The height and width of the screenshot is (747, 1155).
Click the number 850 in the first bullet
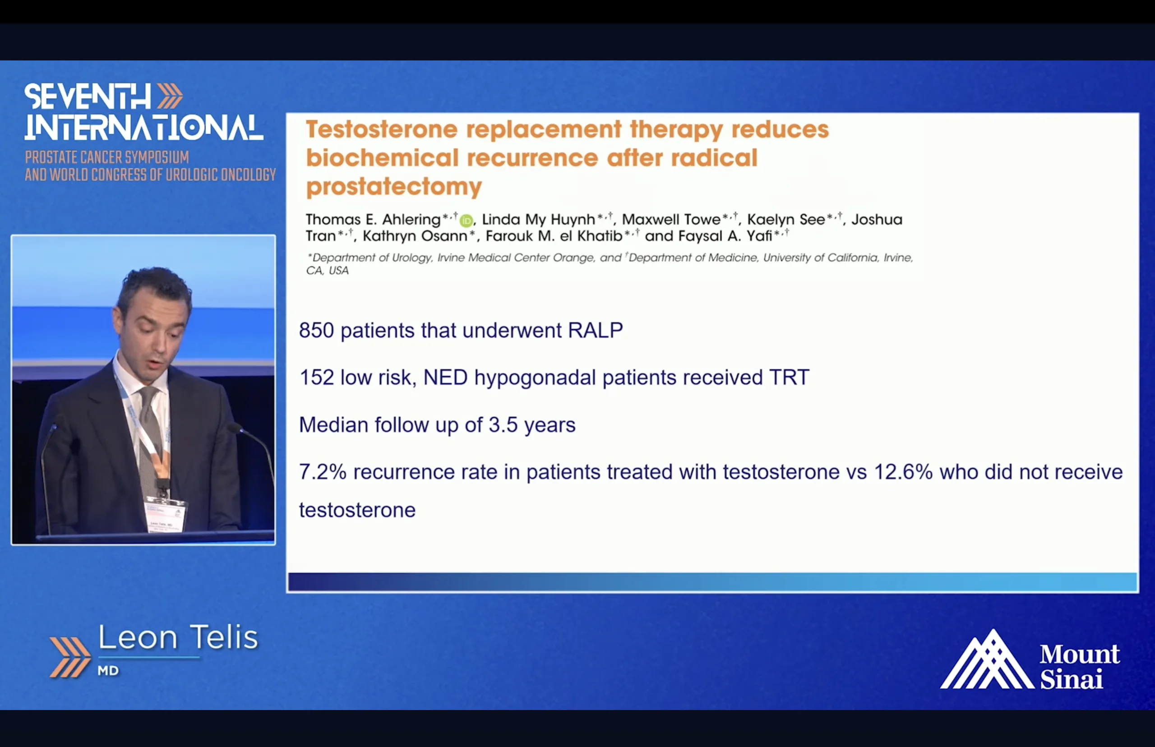pos(316,330)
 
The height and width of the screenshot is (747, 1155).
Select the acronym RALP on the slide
pos(595,330)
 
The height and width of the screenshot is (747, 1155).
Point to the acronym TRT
pos(789,378)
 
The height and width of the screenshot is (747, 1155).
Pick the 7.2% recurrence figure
pos(323,472)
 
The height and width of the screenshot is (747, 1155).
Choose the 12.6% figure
pos(903,472)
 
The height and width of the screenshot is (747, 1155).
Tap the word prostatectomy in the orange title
pos(394,187)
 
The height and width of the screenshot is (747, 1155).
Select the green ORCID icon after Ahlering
pos(466,221)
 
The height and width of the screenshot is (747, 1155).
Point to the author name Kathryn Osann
pos(415,236)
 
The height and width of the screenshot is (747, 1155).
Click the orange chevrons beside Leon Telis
pos(70,657)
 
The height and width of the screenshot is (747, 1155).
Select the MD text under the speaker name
pos(108,671)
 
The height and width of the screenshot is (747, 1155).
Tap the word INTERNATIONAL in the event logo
pos(144,128)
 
